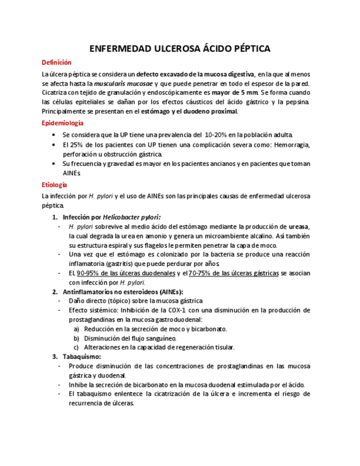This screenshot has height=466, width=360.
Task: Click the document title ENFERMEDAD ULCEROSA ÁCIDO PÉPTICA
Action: [x=180, y=49]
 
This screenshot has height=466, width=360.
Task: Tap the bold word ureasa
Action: [x=299, y=226]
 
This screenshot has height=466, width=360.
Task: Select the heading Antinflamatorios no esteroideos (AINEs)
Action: [x=123, y=292]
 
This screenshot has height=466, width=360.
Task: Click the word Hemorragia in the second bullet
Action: [x=291, y=145]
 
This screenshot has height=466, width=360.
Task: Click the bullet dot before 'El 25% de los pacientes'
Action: [x=52, y=145]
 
